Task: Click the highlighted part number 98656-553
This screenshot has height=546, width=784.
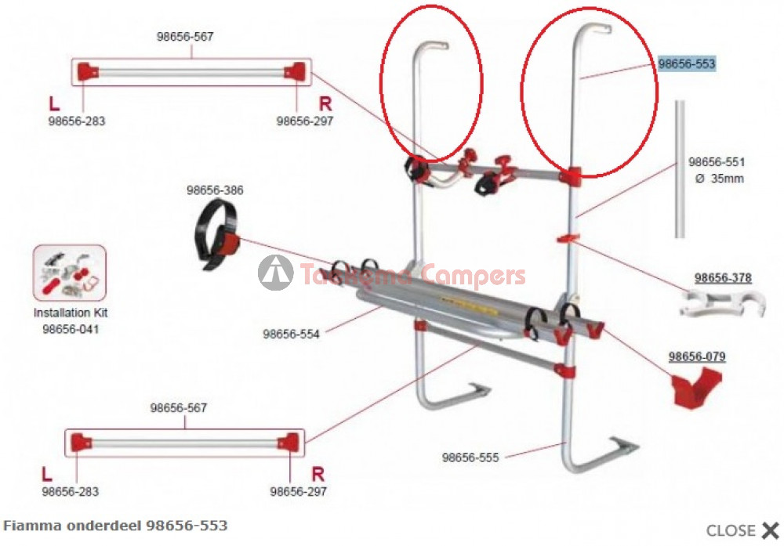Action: click(x=687, y=64)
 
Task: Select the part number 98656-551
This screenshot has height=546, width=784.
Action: click(x=717, y=162)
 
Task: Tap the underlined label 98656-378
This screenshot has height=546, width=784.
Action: click(x=723, y=278)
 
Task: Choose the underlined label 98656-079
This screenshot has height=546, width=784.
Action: click(x=697, y=356)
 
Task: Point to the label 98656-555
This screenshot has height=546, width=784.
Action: click(x=470, y=457)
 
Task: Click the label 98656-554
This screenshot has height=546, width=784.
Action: click(x=291, y=334)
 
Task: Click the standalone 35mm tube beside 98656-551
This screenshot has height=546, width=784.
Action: click(x=680, y=168)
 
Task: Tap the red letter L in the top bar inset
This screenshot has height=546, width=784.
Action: click(x=54, y=103)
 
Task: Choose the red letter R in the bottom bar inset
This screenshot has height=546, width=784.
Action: click(x=318, y=474)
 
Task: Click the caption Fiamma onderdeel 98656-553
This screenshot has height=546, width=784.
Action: click(x=116, y=525)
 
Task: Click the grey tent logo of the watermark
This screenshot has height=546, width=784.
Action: click(x=275, y=273)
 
